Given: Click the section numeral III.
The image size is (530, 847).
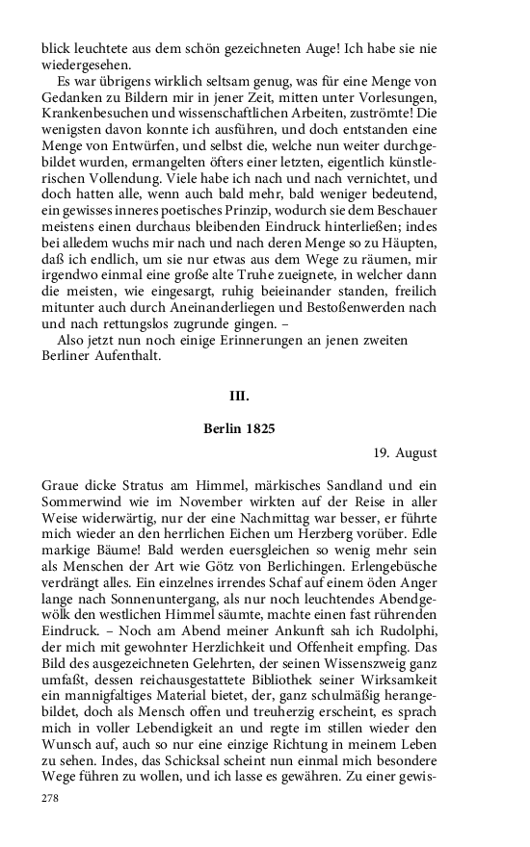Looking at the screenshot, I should point(239,396).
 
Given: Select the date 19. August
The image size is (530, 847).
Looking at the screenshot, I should point(406,452).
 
